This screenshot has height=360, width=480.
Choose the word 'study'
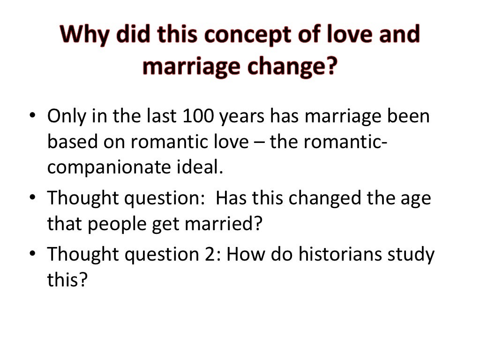(411, 255)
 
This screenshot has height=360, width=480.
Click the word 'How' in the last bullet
(247, 255)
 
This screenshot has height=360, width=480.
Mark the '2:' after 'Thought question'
(215, 255)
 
